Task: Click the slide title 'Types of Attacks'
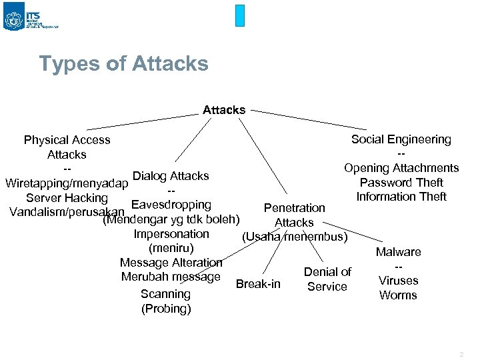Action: (x=123, y=64)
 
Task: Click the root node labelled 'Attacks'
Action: (x=224, y=110)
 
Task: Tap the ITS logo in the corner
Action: (x=14, y=19)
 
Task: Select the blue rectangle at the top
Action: (x=240, y=15)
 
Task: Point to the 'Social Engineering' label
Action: (x=401, y=139)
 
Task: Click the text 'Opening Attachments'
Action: (x=401, y=168)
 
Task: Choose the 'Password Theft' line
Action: (x=401, y=183)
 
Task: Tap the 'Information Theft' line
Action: (x=401, y=197)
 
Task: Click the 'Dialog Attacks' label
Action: (x=171, y=176)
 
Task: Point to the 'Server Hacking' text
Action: (x=67, y=198)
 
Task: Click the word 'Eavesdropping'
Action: (x=171, y=205)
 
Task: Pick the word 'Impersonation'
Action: (x=171, y=234)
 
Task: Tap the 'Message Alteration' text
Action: (x=171, y=263)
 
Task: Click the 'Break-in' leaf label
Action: (x=259, y=285)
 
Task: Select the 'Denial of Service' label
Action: (x=327, y=279)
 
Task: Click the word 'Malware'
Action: (x=399, y=252)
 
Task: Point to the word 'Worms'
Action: (x=398, y=295)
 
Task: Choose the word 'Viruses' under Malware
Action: (x=398, y=281)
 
